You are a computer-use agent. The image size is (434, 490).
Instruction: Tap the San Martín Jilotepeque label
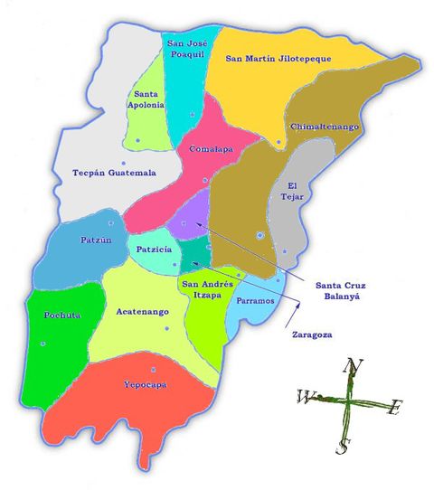[x=278, y=59]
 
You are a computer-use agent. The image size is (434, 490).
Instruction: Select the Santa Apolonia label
[x=148, y=99]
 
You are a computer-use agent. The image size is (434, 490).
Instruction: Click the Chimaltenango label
[x=326, y=127]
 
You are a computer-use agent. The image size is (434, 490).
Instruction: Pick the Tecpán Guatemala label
[x=114, y=172]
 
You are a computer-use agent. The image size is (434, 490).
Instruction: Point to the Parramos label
[x=255, y=300]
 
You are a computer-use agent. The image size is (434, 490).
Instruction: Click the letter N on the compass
[x=354, y=365]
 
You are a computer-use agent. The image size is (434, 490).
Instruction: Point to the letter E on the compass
[x=394, y=409]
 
